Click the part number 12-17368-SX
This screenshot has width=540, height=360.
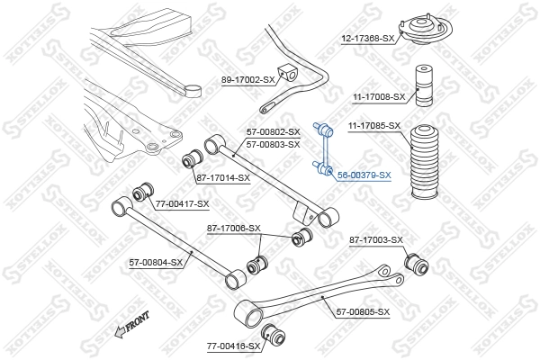368,39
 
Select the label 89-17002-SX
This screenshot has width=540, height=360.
247,80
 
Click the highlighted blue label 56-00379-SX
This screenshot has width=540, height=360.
364,175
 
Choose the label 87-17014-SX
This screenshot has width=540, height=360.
223,177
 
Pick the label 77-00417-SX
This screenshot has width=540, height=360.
181,205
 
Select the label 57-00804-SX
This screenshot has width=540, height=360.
155,263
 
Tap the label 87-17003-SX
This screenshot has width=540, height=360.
376,240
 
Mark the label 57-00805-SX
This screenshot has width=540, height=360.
364,311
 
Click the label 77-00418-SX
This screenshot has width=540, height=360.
233,346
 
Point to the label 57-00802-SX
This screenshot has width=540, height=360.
274,132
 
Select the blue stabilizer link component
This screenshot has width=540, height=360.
323,146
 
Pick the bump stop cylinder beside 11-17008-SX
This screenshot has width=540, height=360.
426,86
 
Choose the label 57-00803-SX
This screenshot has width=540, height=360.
274,144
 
